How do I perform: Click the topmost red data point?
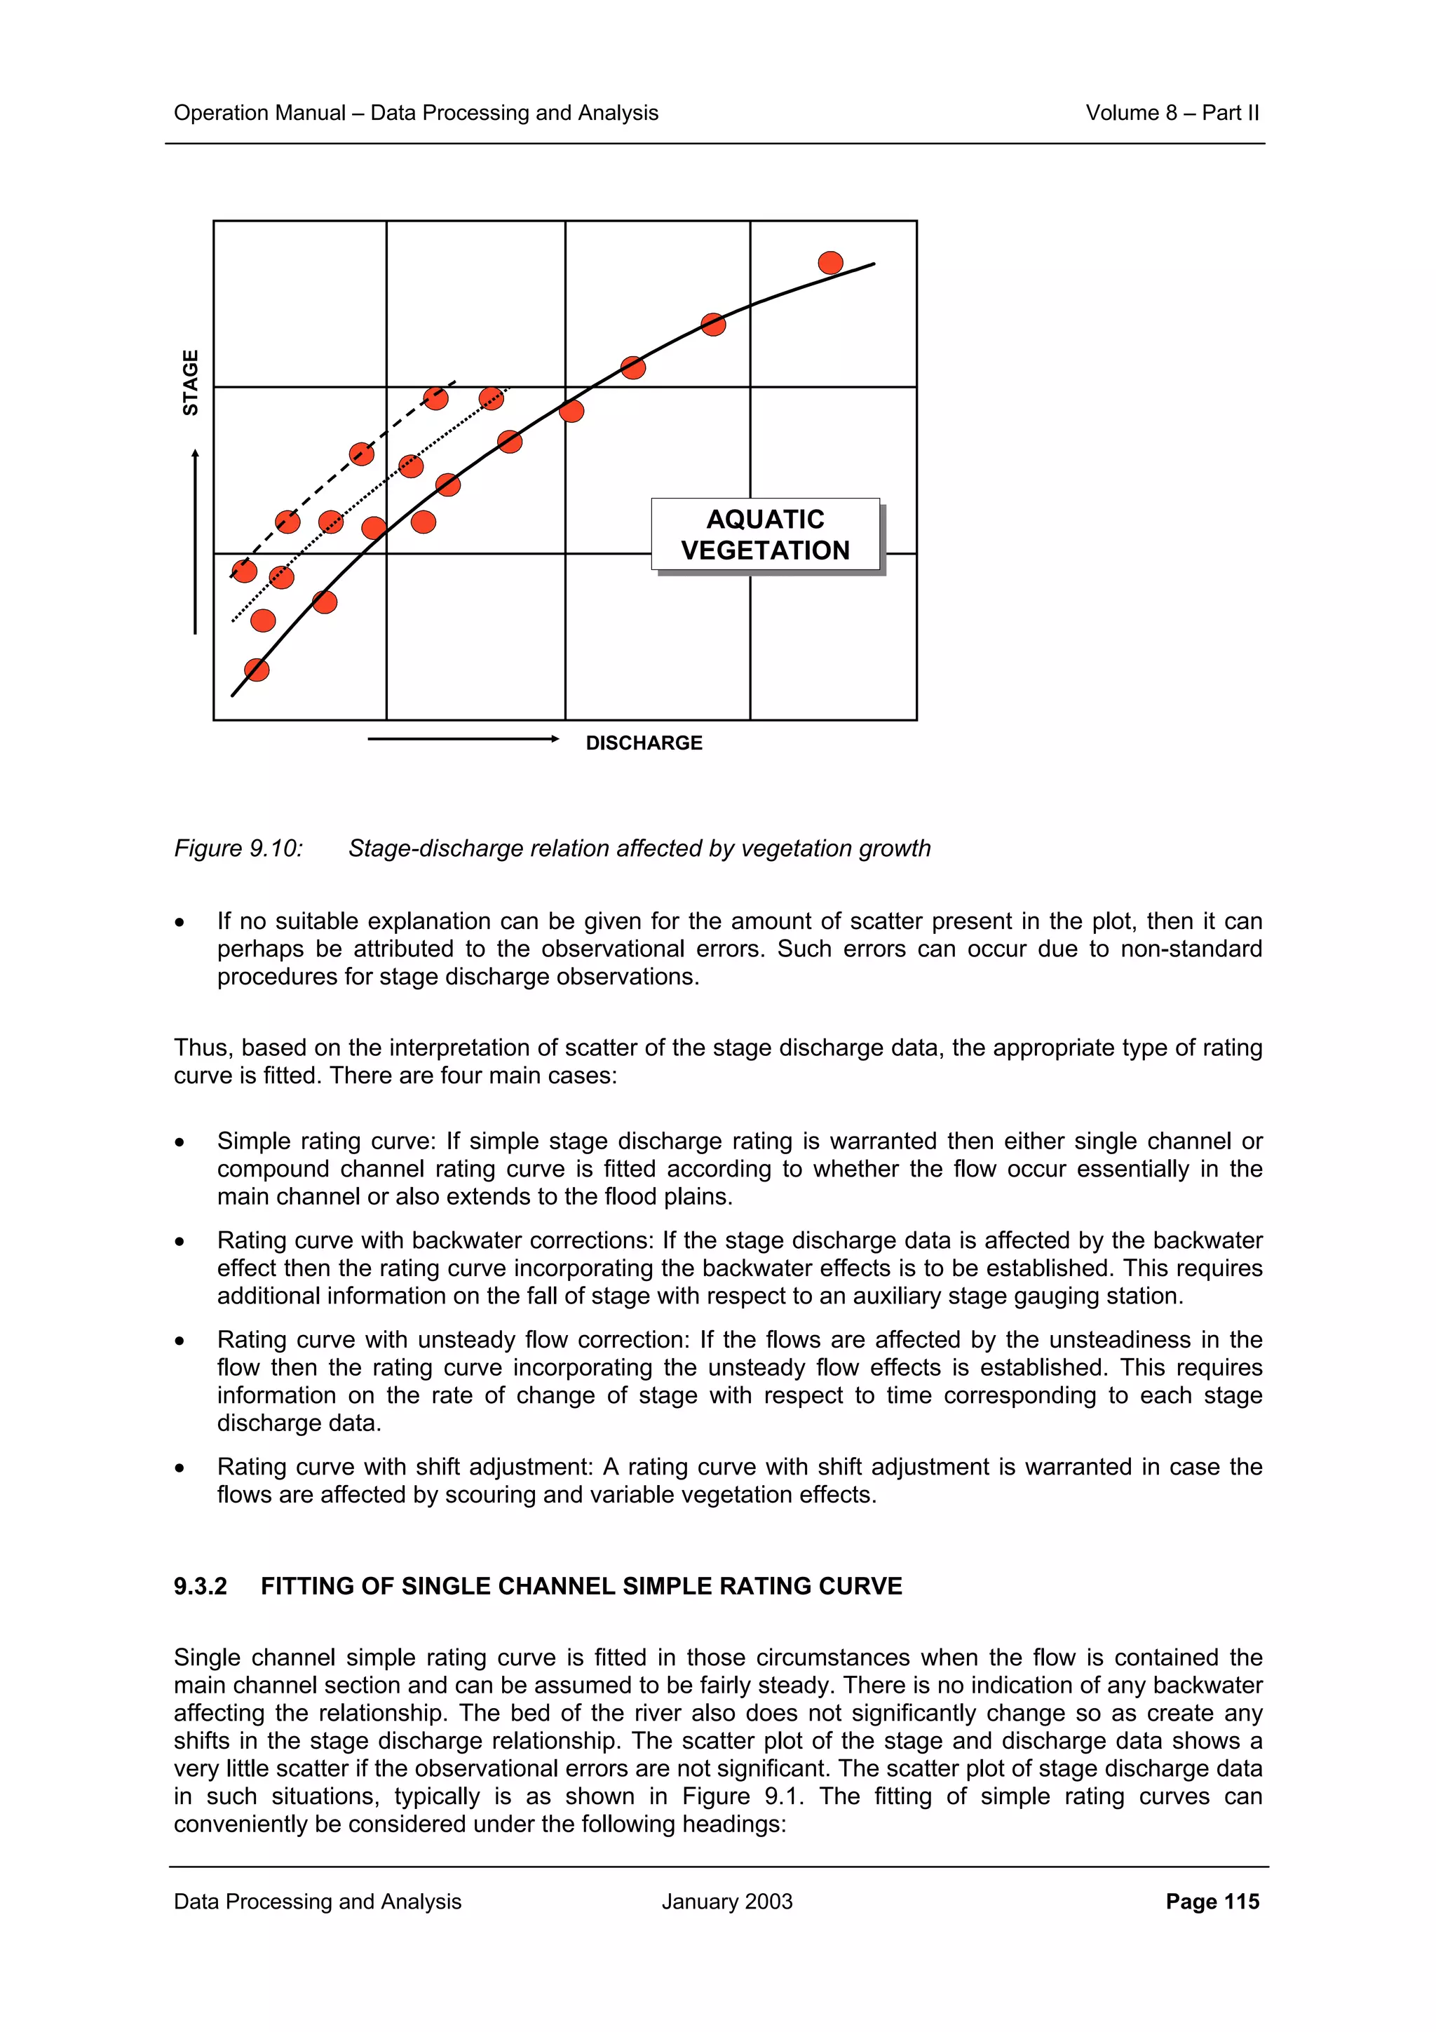point(830,263)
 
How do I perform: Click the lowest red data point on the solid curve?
point(257,669)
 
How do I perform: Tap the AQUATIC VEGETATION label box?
point(766,534)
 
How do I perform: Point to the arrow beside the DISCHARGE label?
point(463,739)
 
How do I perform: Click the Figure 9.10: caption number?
point(238,848)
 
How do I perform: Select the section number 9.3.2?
point(200,1586)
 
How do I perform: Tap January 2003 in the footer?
point(726,1901)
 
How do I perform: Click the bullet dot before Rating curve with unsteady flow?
point(179,1341)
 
